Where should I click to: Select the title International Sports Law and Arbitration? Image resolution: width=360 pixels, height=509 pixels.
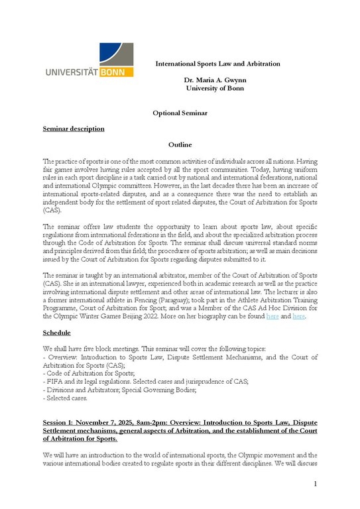pos(217,64)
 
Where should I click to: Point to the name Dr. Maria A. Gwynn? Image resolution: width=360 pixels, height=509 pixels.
pos(217,80)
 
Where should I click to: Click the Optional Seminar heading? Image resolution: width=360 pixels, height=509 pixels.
pos(180,113)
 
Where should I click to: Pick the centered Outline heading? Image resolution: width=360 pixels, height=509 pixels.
pos(180,144)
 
